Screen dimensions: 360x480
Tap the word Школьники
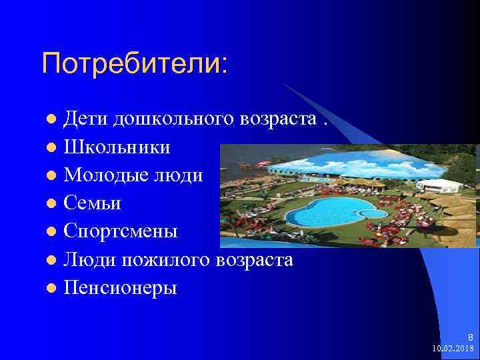[117, 147]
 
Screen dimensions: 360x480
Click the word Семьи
[92, 203]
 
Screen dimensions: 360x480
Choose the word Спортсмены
[121, 231]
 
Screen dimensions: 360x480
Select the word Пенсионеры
[121, 288]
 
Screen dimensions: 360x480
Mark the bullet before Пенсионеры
[51, 289]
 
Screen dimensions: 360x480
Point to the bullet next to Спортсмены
[51, 232]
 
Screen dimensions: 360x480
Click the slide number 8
[470, 337]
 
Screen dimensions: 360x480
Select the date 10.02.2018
[453, 349]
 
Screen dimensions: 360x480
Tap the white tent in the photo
[441, 185]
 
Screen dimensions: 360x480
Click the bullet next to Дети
[51, 119]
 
